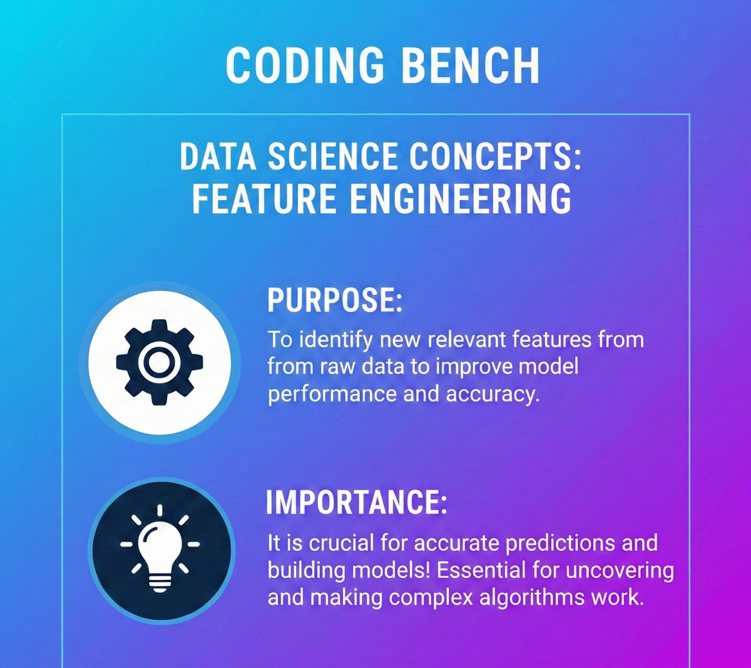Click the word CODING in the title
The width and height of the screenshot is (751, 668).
(305, 66)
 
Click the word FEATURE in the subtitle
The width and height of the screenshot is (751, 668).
(264, 199)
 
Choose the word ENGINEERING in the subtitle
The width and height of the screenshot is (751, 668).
(460, 199)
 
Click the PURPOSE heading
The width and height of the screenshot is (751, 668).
(335, 300)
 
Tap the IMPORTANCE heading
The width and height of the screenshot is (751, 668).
(356, 502)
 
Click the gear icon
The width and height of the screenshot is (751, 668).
(160, 361)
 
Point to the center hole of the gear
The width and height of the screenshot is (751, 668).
(160, 361)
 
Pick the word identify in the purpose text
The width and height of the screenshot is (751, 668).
(335, 340)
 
